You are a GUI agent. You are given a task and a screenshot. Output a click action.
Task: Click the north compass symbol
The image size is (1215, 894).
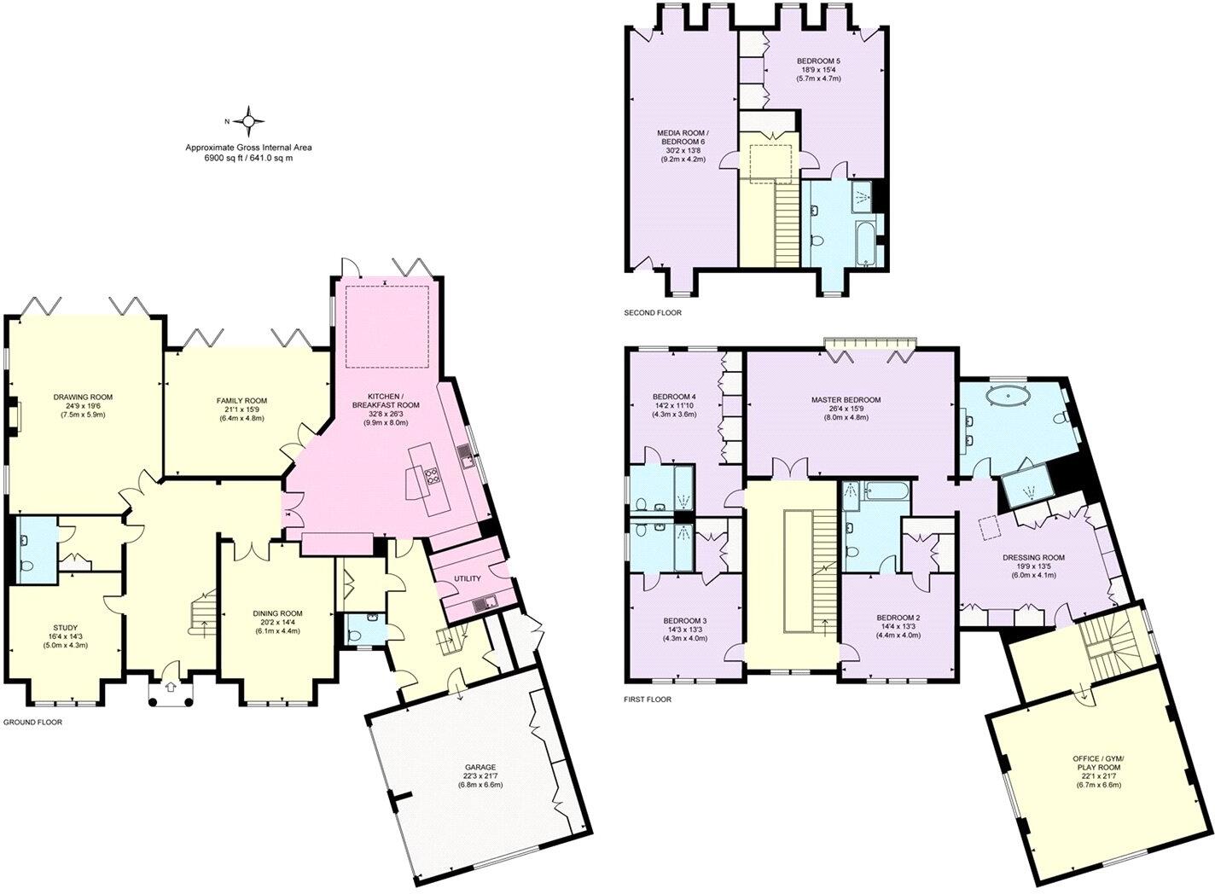point(247,122)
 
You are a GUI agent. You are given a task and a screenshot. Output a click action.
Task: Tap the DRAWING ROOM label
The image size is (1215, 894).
point(83,397)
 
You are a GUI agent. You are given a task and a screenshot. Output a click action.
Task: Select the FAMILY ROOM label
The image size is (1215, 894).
point(241,400)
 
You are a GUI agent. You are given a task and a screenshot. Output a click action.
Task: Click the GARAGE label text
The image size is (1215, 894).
point(480,767)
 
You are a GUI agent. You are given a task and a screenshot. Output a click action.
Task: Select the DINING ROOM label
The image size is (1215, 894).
point(277,613)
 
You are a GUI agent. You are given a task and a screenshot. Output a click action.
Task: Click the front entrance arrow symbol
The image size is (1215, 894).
point(170,685)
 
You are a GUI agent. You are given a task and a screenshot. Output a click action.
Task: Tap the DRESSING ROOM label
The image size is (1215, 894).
point(1033,558)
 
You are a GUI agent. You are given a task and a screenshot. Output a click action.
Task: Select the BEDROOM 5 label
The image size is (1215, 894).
point(818,61)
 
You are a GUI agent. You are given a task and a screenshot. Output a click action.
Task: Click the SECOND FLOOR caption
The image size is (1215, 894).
point(653,313)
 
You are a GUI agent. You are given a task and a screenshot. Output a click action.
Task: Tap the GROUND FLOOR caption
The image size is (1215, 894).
point(32,722)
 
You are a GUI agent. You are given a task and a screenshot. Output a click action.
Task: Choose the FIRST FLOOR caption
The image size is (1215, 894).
point(648,700)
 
